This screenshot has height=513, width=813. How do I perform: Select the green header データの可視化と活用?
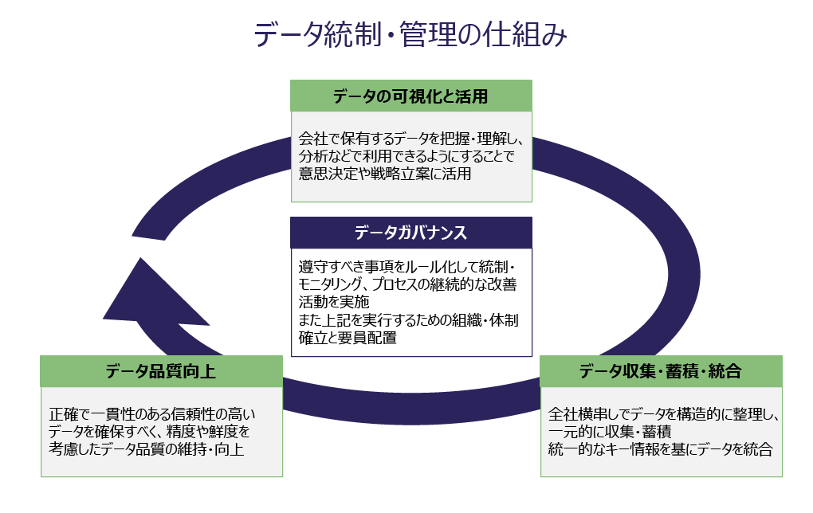point(410,96)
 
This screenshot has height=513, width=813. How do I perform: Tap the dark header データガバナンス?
point(410,233)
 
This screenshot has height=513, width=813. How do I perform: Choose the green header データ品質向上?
point(161,371)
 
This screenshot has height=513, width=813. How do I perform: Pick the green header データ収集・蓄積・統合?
point(661,371)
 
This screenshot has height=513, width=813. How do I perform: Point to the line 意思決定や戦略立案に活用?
point(385,174)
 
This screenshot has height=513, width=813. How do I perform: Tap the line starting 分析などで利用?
point(406,156)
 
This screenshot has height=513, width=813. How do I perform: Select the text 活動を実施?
point(335,302)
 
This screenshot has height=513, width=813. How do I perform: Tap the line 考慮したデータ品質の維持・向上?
point(147,449)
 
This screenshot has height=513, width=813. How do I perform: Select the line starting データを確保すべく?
point(149,432)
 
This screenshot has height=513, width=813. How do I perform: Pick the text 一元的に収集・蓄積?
point(610,432)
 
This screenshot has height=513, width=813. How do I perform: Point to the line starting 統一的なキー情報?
point(661,449)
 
